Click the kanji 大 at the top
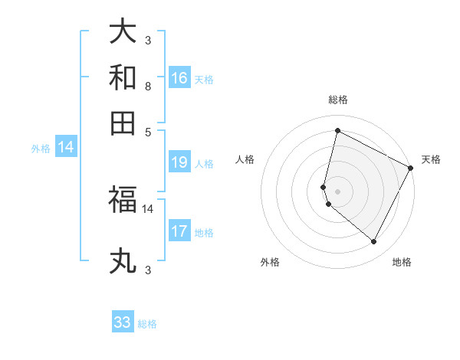point(123,31)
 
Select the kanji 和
point(123,78)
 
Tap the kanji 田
point(123,124)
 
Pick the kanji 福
point(123,200)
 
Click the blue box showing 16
point(179,78)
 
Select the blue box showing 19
point(179,162)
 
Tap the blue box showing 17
point(179,231)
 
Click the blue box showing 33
point(123,322)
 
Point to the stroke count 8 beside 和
point(147,86)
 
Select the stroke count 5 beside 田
point(147,132)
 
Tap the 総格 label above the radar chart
point(337,100)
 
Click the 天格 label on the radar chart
point(431,159)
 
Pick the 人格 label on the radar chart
point(245,159)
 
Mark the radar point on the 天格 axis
point(411,169)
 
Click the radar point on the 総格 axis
point(337,131)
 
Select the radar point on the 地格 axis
point(374,242)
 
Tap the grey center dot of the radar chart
point(337,191)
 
